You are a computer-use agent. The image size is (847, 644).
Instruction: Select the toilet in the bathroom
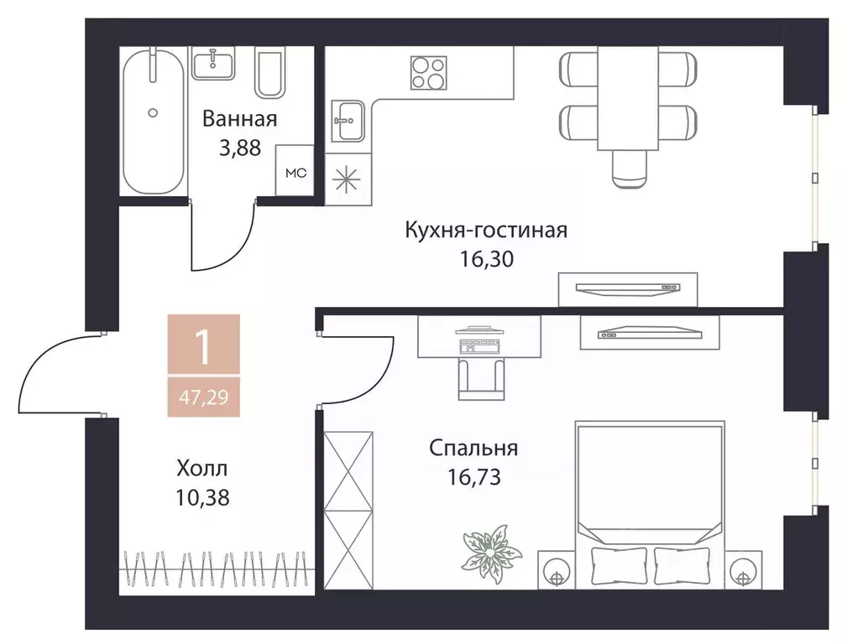pyautogui.click(x=270, y=73)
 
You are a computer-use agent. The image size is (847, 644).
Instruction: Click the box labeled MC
pyautogui.click(x=296, y=174)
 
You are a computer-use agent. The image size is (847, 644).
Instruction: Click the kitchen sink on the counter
pyautogui.click(x=348, y=122)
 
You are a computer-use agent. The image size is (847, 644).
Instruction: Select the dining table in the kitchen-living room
pyautogui.click(x=628, y=97)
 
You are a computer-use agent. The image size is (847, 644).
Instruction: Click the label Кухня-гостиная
pyautogui.click(x=486, y=230)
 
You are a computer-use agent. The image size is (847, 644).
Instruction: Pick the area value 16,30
pyautogui.click(x=486, y=258)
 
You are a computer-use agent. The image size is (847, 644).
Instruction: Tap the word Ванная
pyautogui.click(x=239, y=119)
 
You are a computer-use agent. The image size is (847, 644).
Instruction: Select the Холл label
pyautogui.click(x=202, y=468)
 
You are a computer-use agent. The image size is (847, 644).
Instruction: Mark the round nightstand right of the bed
pyautogui.click(x=742, y=574)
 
